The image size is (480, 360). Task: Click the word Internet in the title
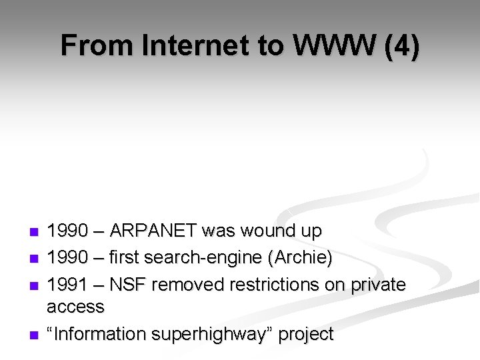point(193,46)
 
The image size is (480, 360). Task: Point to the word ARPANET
point(153,231)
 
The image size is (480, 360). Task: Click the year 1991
point(67,285)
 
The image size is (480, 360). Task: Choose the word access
point(75,307)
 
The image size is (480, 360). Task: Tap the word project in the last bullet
point(306,334)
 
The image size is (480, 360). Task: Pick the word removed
point(189,285)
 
